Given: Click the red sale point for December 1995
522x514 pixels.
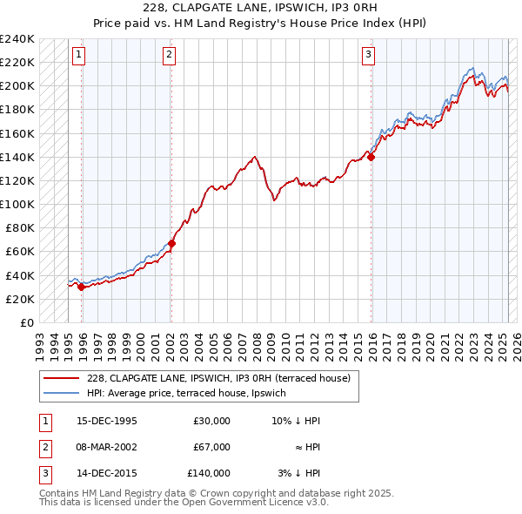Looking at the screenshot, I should click(x=82, y=287).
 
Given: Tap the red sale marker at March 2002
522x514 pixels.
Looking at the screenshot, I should click(x=171, y=243).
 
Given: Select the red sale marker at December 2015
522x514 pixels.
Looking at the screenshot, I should click(x=371, y=157).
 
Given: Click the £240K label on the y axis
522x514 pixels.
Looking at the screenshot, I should click(x=17, y=39).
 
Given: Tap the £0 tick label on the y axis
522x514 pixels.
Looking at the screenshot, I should click(x=26, y=322).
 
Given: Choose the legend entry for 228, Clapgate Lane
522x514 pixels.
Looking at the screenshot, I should click(x=217, y=378).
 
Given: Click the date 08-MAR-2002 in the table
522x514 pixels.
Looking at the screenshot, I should click(x=107, y=447).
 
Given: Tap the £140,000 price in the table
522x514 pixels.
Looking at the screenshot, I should click(x=209, y=473).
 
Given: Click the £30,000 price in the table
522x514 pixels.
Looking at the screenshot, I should click(x=211, y=421).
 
